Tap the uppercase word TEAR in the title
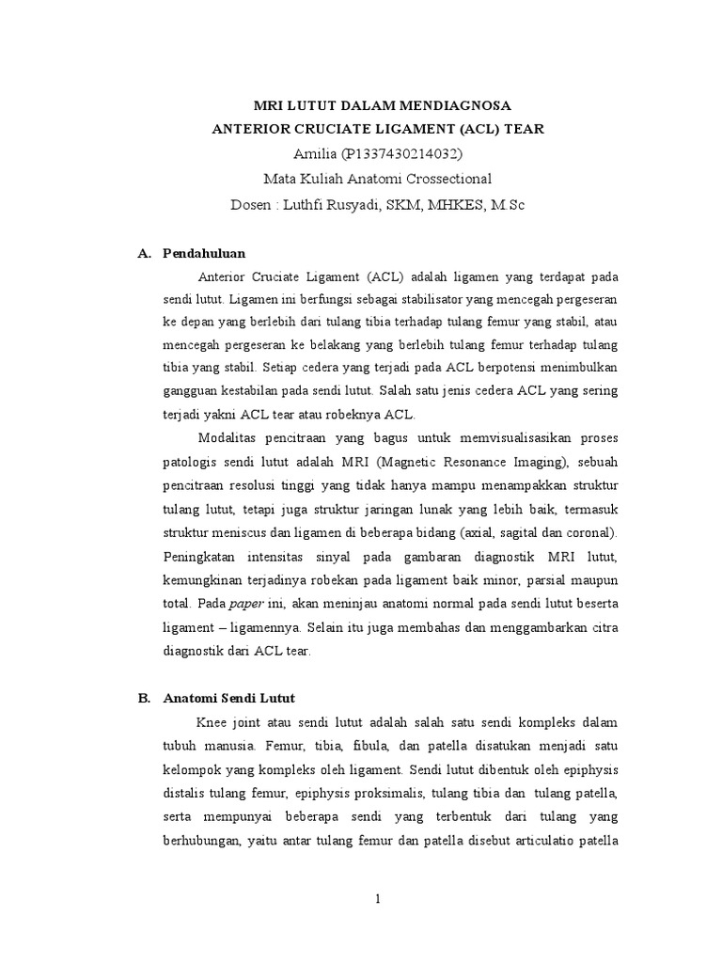click(x=520, y=129)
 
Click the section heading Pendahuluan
click(x=203, y=254)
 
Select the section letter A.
click(x=144, y=254)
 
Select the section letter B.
click(x=144, y=699)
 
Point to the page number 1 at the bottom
click(x=377, y=899)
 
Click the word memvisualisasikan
click(x=510, y=439)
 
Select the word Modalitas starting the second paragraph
click(x=229, y=439)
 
